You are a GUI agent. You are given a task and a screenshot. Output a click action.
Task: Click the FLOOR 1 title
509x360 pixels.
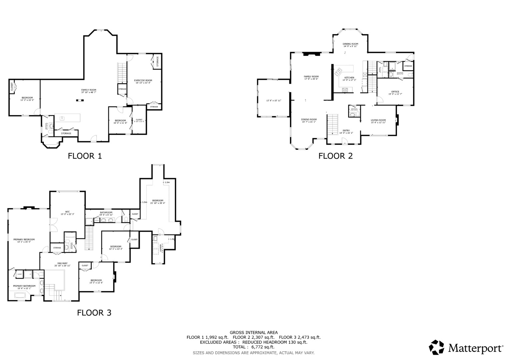point(85,156)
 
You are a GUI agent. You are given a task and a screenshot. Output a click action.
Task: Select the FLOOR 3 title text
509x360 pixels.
point(94,313)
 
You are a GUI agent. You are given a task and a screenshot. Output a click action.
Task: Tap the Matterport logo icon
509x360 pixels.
point(436,348)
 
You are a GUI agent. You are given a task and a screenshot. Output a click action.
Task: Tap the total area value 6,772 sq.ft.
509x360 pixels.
point(253,347)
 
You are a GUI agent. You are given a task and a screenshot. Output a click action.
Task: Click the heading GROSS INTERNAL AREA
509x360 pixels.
point(253,332)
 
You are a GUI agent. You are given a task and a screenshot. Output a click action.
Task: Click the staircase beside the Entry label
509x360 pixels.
point(332,124)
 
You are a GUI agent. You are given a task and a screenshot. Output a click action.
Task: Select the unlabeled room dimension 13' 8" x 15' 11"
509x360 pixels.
point(274,100)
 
